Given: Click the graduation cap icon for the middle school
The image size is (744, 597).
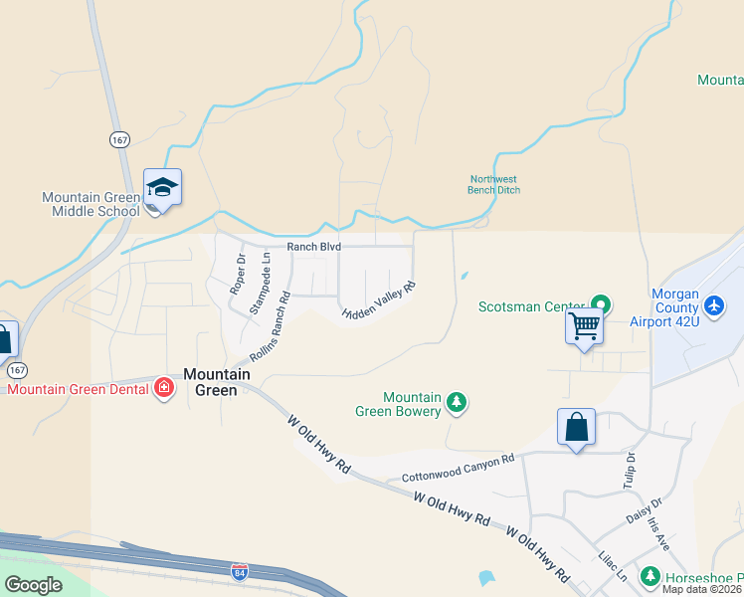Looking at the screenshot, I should [x=162, y=187].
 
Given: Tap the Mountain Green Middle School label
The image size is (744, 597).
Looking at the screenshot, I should [x=92, y=204].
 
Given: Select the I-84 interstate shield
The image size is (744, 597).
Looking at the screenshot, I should [x=239, y=572].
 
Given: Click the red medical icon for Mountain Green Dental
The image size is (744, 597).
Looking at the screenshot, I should [x=164, y=388].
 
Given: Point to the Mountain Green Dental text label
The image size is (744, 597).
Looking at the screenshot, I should [x=79, y=389].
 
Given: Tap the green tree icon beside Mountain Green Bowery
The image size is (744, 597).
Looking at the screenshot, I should [x=457, y=402].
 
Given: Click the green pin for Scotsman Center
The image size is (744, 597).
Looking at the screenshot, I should [x=600, y=304].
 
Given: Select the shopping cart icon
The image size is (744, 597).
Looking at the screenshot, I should [x=584, y=325].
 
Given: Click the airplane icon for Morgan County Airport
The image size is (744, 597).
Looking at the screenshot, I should [x=713, y=303].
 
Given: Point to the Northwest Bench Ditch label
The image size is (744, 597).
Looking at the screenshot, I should [x=494, y=184].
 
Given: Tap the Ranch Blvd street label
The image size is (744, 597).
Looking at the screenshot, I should [x=314, y=246].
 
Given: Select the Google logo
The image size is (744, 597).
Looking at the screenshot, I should [x=33, y=584].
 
